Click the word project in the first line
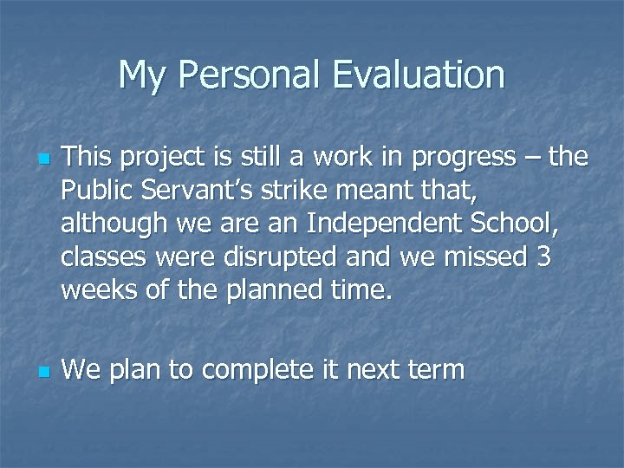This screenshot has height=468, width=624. [x=166, y=158]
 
